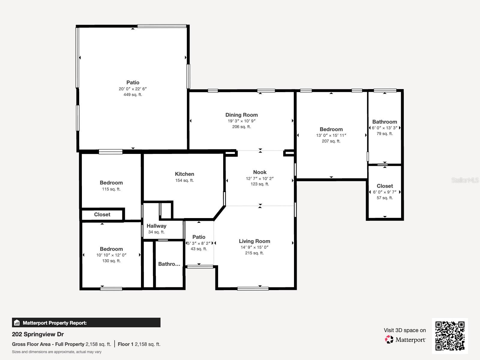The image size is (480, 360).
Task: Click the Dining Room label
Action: (x=241, y=115)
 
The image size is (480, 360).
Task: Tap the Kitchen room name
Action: (x=184, y=174)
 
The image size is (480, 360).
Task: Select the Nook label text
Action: (x=260, y=172)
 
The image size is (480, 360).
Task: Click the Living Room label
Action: (x=254, y=241)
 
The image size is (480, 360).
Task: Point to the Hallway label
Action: (x=156, y=226)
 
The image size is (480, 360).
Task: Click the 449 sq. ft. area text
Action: (x=133, y=94)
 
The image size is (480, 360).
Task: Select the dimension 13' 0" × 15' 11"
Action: (x=331, y=135)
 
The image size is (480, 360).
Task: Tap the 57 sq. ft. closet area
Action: (x=385, y=198)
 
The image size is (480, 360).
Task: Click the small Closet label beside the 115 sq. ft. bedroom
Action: (x=102, y=214)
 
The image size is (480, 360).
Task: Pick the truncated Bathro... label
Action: (x=169, y=264)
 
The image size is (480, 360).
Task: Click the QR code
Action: (x=450, y=336)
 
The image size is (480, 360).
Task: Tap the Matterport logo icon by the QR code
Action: (x=389, y=340)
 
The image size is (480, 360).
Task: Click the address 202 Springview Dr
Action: (x=38, y=334)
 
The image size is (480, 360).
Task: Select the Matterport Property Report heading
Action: (x=55, y=323)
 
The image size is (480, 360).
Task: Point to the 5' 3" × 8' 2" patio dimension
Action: (x=199, y=243)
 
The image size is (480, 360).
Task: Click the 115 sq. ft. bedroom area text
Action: (x=111, y=189)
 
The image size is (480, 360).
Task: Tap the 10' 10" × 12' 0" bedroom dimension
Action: (x=111, y=255)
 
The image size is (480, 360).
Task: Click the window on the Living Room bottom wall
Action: (x=253, y=289)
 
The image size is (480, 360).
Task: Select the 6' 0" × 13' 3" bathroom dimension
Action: (x=385, y=128)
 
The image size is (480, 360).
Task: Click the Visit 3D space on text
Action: (x=405, y=330)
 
